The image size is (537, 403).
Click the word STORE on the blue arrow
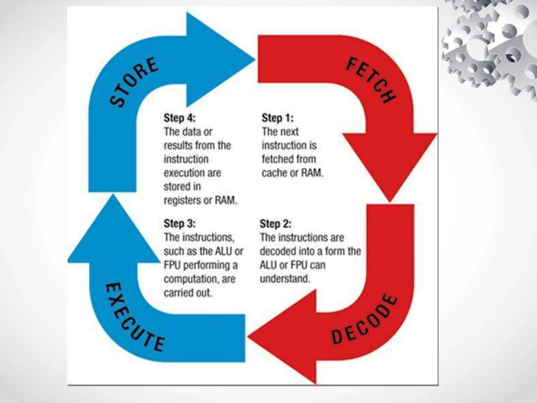(x=134, y=82)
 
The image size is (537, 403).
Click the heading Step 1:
(x=277, y=118)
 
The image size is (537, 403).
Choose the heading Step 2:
(x=275, y=224)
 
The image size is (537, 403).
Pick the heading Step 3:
(x=180, y=224)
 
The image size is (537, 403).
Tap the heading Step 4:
(x=180, y=118)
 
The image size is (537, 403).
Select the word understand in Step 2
(x=285, y=279)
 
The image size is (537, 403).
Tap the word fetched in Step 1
(x=277, y=159)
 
